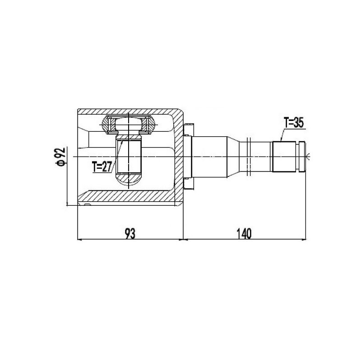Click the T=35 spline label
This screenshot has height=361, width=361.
tap(294, 123)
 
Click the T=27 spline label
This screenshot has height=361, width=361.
tap(102, 167)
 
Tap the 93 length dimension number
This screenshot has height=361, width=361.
tap(130, 234)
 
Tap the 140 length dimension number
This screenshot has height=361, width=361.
tap(244, 234)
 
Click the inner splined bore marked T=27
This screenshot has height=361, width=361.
tap(129, 157)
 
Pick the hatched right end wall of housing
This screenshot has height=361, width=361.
tap(179, 157)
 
